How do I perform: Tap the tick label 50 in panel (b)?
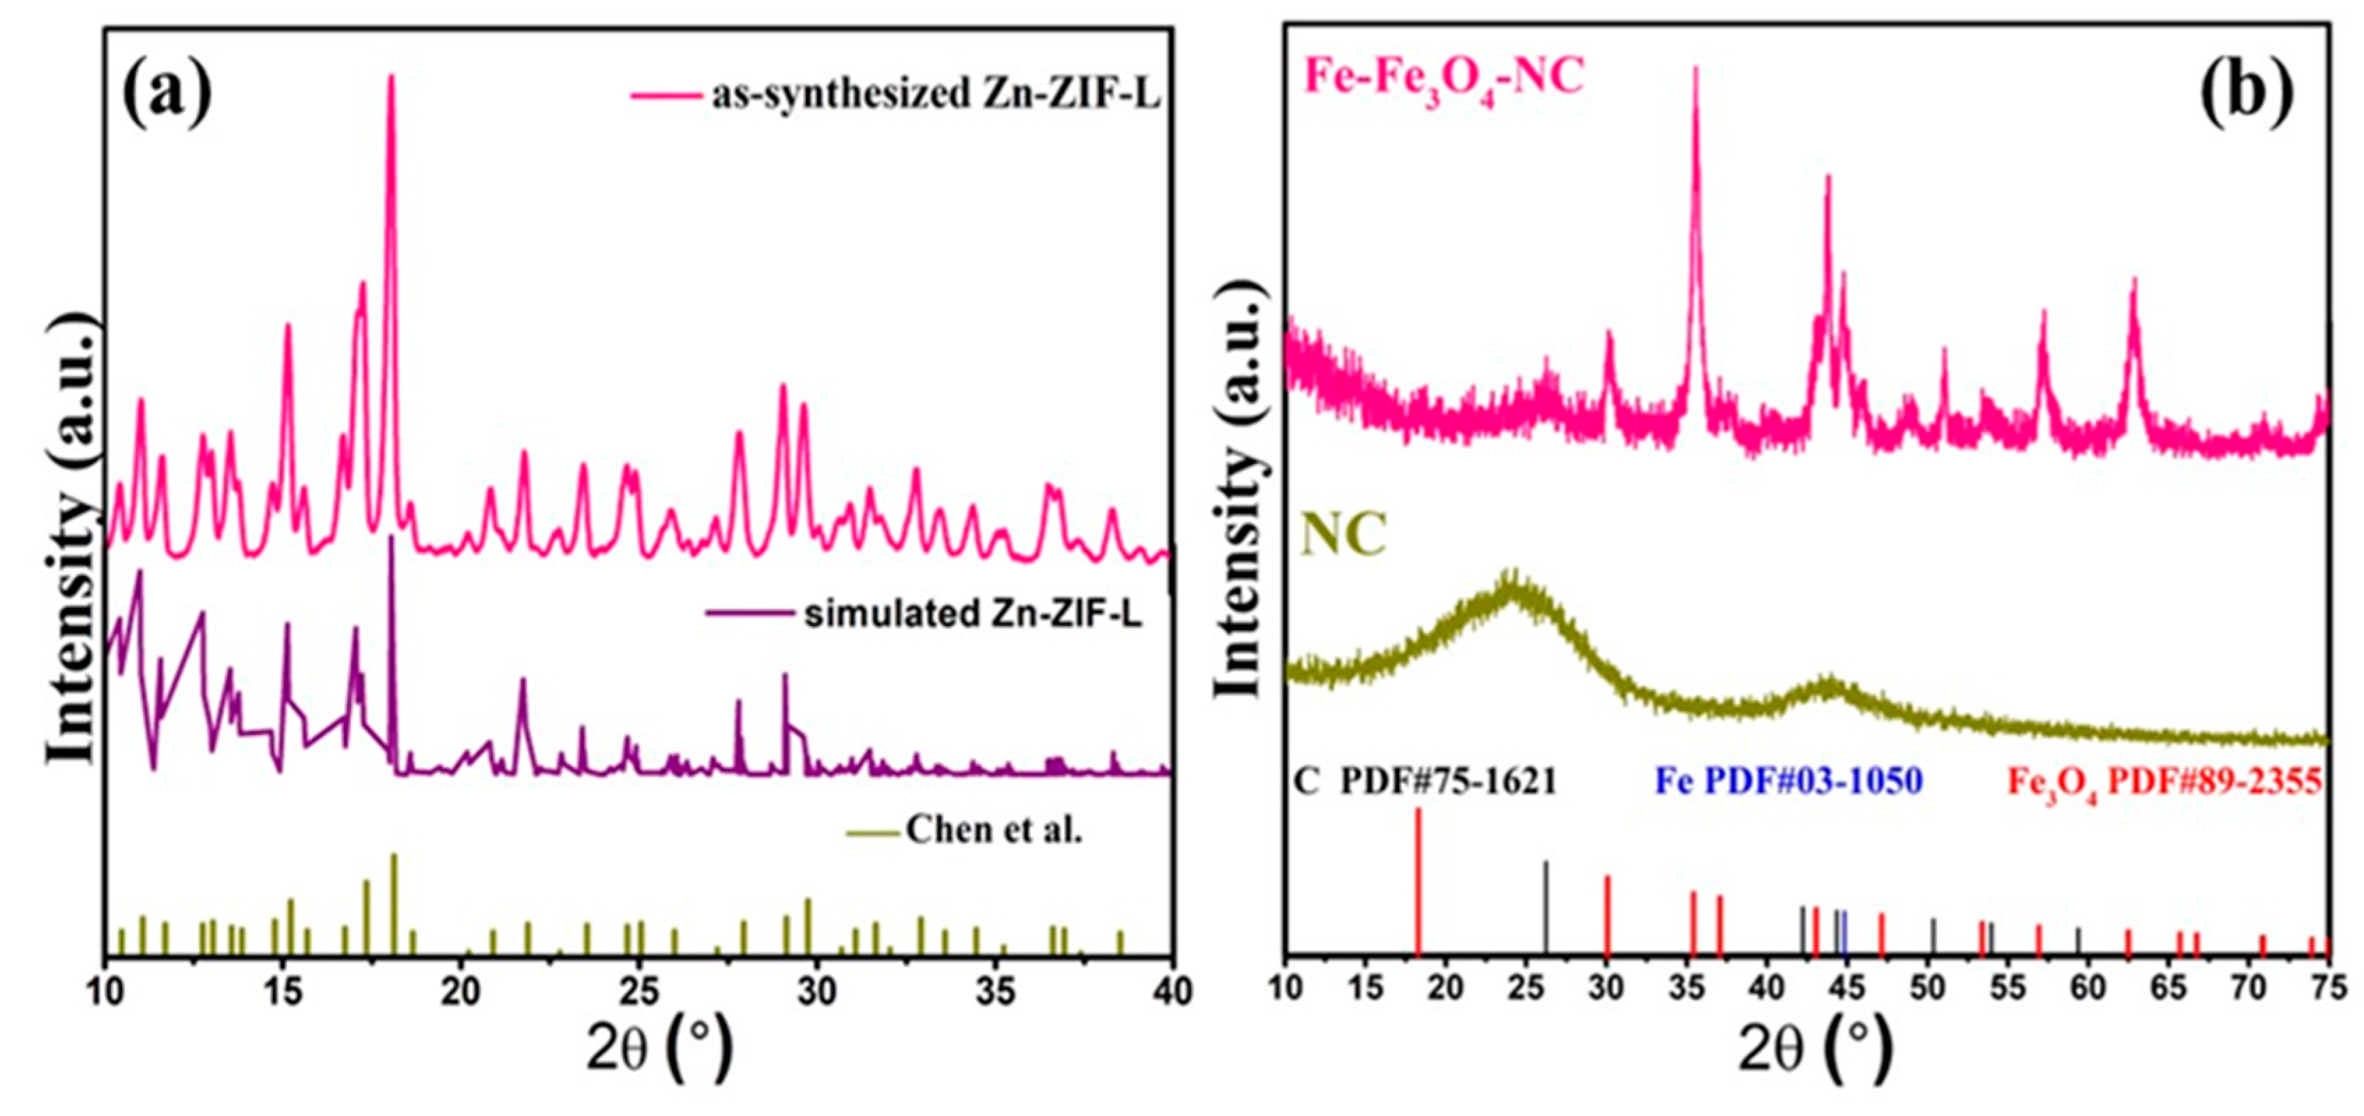pyautogui.click(x=1927, y=988)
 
